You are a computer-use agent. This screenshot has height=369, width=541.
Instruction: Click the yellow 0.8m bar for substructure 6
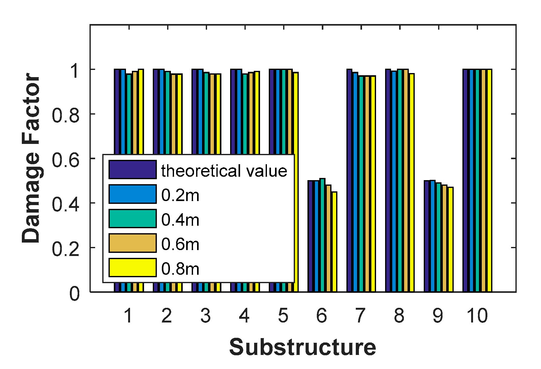point(334,242)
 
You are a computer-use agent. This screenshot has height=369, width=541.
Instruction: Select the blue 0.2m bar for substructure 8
point(394,181)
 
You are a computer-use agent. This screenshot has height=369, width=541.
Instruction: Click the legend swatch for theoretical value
point(133,170)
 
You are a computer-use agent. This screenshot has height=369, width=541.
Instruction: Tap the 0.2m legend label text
point(180,195)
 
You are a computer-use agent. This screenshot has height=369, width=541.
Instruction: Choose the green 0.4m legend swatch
point(133,219)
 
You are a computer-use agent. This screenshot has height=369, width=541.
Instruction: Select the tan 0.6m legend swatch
point(133,243)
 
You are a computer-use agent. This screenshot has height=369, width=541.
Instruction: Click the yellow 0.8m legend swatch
point(133,268)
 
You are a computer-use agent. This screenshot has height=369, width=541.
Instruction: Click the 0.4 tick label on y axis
point(65,205)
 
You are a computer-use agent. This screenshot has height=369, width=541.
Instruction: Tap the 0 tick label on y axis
point(74,294)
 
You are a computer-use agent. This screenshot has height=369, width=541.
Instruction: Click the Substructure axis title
point(302,347)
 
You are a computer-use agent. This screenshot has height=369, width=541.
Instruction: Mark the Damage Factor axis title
point(31,158)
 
